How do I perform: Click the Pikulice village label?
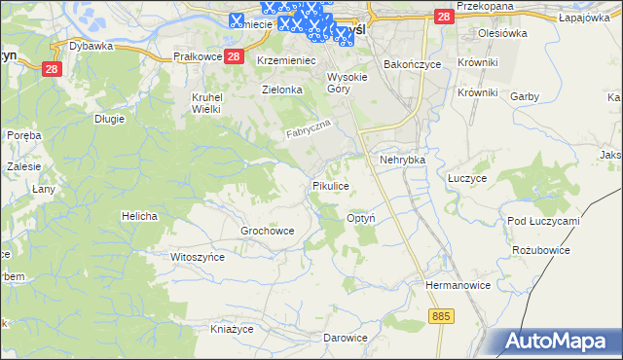pyautogui.click(x=330, y=185)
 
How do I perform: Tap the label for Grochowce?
pyautogui.click(x=267, y=232)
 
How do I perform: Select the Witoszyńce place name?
pyautogui.click(x=198, y=257)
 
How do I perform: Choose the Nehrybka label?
pyautogui.click(x=404, y=159)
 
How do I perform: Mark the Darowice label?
pyautogui.click(x=346, y=338)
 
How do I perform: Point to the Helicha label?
pyautogui.click(x=139, y=215)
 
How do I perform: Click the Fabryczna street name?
pyautogui.click(x=309, y=129)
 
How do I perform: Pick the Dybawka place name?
pyautogui.click(x=92, y=46)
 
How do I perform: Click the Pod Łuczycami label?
pyautogui.click(x=543, y=221)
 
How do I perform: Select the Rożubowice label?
pyautogui.click(x=540, y=250)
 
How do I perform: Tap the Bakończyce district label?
pyautogui.click(x=413, y=64)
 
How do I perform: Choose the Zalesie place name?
pyautogui.click(x=23, y=166)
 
